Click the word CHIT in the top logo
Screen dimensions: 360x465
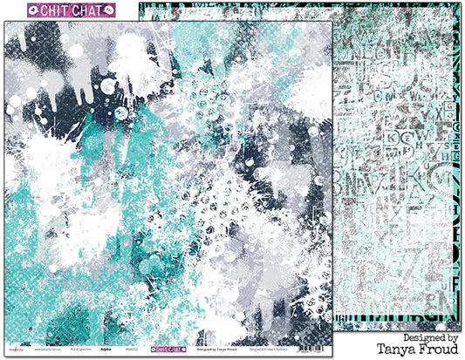[x=43, y=10]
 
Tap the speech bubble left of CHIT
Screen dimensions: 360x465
[x=14, y=10]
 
